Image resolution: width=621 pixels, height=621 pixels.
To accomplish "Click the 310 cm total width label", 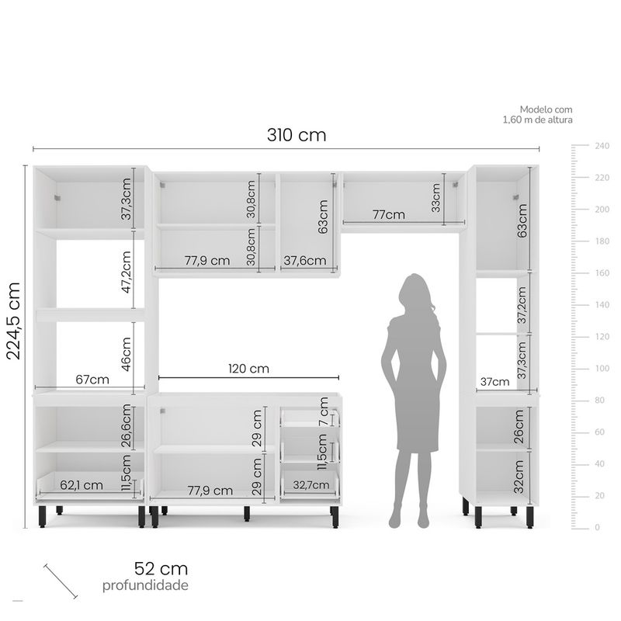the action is [x=297, y=135].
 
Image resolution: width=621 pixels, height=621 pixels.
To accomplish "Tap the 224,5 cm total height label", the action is [x=13, y=321].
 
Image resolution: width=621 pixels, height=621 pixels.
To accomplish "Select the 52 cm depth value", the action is [x=161, y=569].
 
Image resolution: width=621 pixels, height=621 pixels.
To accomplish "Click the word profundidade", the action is [x=145, y=585].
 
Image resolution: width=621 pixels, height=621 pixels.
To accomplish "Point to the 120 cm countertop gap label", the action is [x=248, y=369].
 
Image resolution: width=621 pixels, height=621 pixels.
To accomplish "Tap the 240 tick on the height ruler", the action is [x=602, y=146].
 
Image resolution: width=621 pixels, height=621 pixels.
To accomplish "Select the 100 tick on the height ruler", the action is [x=602, y=368].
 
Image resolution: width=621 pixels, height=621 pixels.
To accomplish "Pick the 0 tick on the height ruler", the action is [x=597, y=527].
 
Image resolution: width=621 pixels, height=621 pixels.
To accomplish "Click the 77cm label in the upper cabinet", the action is [x=389, y=215].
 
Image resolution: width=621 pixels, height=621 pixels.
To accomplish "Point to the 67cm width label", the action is [x=92, y=380].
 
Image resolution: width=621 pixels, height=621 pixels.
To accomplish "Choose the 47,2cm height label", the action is [x=127, y=272].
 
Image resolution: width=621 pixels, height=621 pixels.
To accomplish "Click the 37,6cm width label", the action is [x=305, y=261].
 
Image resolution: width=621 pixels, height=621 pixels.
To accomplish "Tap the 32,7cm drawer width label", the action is [x=311, y=484].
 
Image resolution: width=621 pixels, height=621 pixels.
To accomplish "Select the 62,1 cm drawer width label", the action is [x=82, y=485].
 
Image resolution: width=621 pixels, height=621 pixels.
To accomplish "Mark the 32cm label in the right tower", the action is [x=519, y=477].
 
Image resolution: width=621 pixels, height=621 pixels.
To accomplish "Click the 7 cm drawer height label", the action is [x=324, y=411].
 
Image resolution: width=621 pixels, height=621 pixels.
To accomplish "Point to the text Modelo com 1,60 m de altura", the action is [x=537, y=114].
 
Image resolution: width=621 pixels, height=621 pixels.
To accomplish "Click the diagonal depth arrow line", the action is [x=61, y=581].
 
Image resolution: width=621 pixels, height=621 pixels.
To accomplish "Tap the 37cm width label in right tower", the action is [x=494, y=382].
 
